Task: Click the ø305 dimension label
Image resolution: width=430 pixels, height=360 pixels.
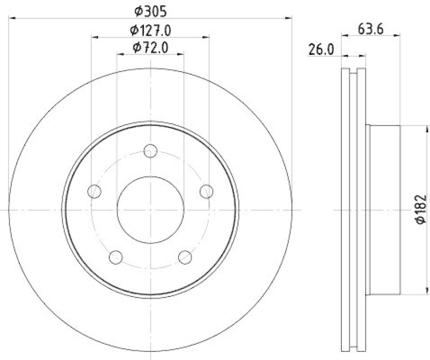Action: (151, 10)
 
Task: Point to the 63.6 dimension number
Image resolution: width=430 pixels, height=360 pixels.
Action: (369, 30)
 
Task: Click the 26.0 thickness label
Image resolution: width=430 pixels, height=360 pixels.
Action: (321, 50)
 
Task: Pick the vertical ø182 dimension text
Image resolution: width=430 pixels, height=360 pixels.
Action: (421, 210)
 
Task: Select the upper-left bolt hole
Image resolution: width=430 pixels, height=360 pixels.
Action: (95, 190)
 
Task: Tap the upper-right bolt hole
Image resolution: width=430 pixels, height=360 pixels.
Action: (207, 190)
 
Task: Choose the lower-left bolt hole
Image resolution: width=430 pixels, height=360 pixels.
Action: (116, 257)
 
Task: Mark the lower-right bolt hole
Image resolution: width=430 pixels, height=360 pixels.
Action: (185, 257)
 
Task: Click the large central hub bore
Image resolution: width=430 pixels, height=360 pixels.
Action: (150, 210)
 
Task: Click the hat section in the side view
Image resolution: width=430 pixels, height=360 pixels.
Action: (384, 210)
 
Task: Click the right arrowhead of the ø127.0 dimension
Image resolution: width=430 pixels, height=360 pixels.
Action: (206, 37)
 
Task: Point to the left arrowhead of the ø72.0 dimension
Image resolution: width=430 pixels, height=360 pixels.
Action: (119, 54)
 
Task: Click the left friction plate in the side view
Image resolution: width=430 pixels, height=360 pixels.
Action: (346, 210)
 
